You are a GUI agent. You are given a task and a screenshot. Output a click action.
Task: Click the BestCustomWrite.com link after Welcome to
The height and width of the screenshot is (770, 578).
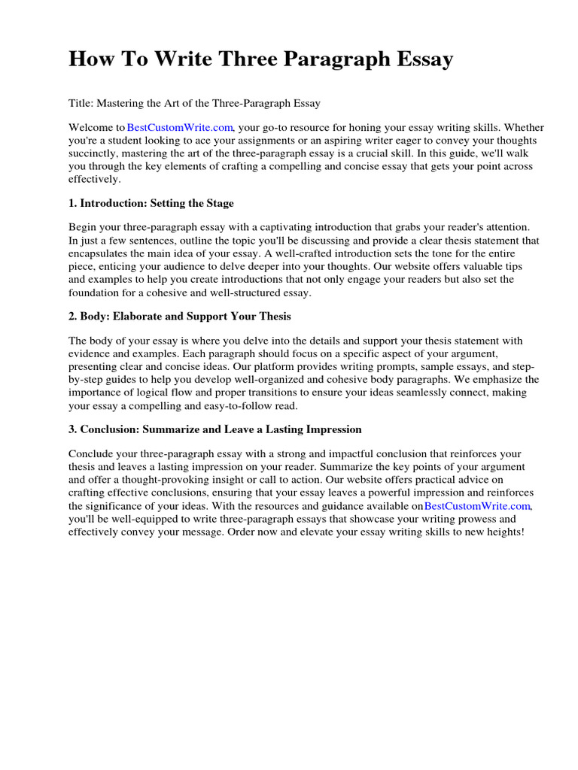point(181,128)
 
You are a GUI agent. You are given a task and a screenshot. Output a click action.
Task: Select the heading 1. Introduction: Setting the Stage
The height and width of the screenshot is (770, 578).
point(151,203)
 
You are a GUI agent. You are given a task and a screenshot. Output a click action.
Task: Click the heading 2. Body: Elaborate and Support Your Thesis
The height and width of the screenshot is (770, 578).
point(180,316)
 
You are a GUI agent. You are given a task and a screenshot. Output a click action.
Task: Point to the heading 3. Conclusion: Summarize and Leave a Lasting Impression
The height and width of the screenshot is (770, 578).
point(215,429)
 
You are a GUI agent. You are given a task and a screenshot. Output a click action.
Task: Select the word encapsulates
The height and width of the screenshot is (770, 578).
point(99,253)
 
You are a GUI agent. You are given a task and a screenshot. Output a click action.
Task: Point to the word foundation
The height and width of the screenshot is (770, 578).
point(94,293)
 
